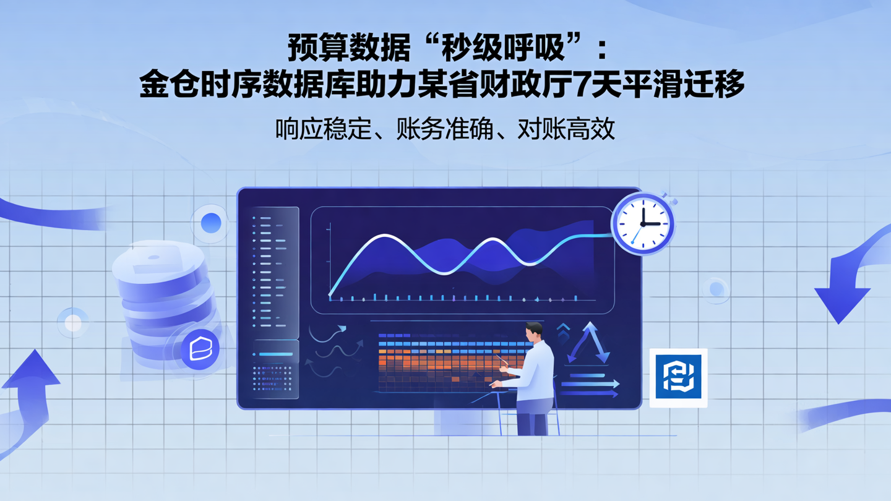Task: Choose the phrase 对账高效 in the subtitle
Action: pyautogui.click(x=567, y=129)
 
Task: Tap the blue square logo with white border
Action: pyautogui.click(x=678, y=377)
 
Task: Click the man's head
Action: pyautogui.click(x=533, y=332)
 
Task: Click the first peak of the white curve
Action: pyautogui.click(x=385, y=237)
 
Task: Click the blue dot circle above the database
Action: pyautogui.click(x=210, y=223)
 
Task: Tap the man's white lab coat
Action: pyautogui.click(x=535, y=371)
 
